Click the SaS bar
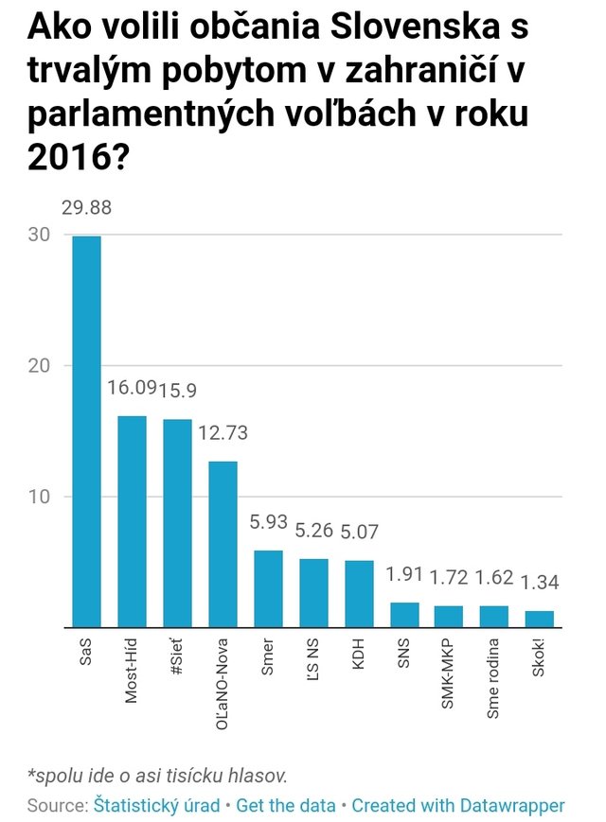(x=87, y=431)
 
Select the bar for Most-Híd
(x=132, y=521)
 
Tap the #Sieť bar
(x=177, y=522)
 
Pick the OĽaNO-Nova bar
(x=223, y=544)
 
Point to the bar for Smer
(x=268, y=588)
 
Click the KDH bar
(x=359, y=593)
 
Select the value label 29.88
(x=87, y=209)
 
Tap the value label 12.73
(x=223, y=433)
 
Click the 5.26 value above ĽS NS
(x=313, y=531)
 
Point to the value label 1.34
(x=541, y=582)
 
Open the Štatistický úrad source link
(x=156, y=805)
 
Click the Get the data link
(x=285, y=805)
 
